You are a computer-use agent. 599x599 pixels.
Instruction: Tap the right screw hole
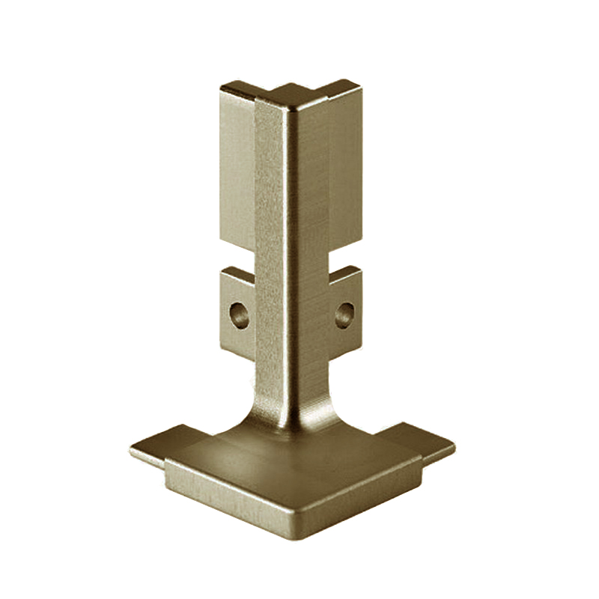pos(344,314)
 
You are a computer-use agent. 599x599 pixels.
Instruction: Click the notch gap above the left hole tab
pos(237,259)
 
